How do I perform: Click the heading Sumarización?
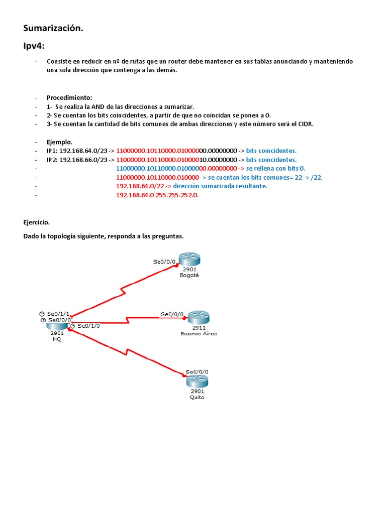[x=53, y=29]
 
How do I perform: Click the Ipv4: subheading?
[x=34, y=46]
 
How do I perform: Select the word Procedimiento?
[x=69, y=97]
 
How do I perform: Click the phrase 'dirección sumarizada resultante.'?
[x=220, y=186]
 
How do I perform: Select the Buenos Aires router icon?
[x=198, y=318]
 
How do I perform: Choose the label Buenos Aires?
[x=199, y=333]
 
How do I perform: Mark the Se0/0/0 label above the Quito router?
[x=197, y=372]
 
